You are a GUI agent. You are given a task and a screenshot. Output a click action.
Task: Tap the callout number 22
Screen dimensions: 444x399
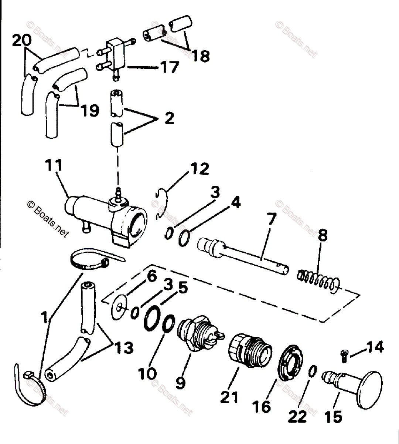tap(298, 417)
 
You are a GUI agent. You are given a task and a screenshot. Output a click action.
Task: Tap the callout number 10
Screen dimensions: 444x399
tap(147, 374)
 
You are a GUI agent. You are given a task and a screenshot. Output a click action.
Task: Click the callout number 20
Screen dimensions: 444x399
tap(22, 41)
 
